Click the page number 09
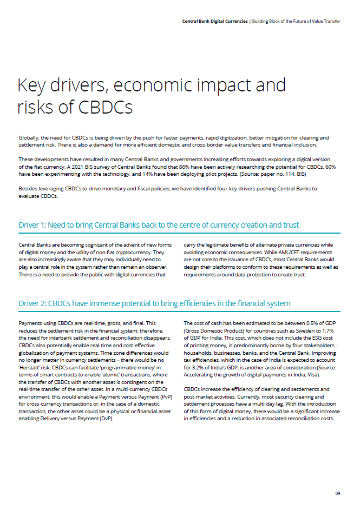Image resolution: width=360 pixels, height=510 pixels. coord(337,493)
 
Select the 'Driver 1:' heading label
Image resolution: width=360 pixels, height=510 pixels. coord(35,224)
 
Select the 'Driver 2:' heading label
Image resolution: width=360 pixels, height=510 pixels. coord(36,303)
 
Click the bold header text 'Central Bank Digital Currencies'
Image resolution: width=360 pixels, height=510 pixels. coord(214,21)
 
